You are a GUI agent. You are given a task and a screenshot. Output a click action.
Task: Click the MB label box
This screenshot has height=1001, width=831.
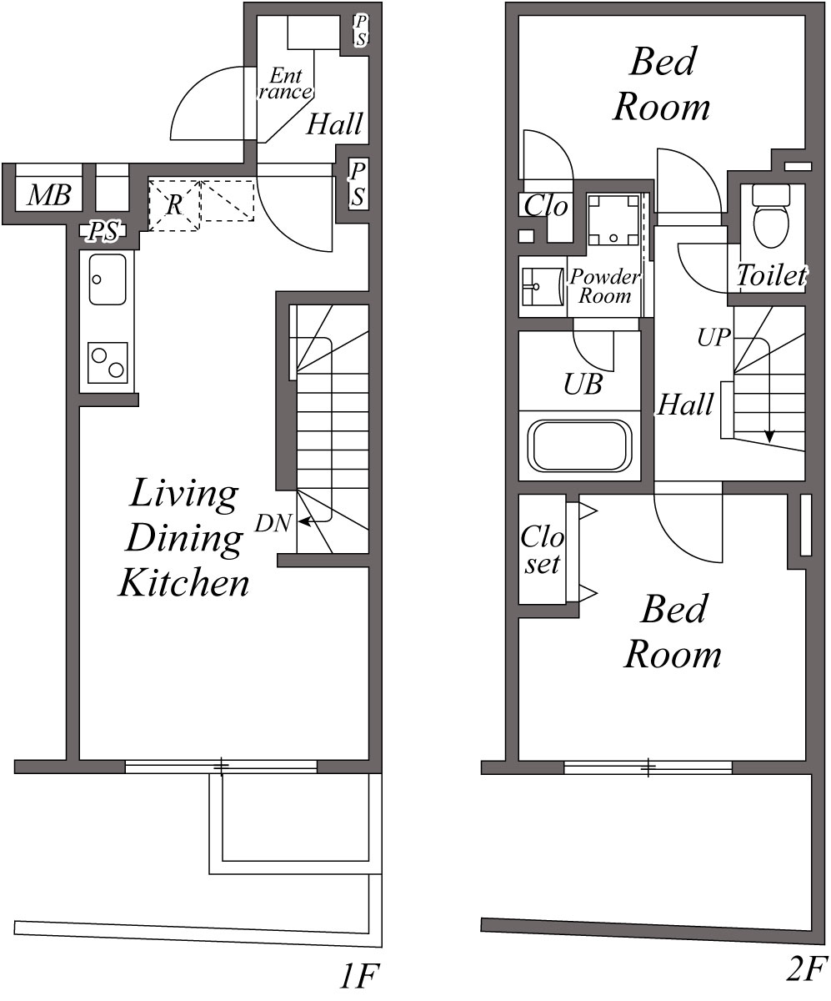pos(49,195)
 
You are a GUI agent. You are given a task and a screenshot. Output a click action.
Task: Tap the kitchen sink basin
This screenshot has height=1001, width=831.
pos(108,279)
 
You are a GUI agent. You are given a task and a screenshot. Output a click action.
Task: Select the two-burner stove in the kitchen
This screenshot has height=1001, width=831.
pos(108,363)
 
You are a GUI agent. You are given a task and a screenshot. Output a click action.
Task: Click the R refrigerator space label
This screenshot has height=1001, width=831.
pos(174,205)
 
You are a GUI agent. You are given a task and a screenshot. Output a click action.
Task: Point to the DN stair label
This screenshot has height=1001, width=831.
pos(273,523)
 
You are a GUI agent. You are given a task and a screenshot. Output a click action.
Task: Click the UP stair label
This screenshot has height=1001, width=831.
pos(713,338)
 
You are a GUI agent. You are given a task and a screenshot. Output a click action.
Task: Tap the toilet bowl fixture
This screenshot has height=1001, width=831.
pos(771,216)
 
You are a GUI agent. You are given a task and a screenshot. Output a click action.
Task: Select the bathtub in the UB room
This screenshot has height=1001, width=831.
pos(579,445)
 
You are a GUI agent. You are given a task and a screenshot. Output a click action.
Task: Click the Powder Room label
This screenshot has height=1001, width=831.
pos(605,286)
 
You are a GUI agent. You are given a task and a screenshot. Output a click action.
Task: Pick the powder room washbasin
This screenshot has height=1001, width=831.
pos(542,287)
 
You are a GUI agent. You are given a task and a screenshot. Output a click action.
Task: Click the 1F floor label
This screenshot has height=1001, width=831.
pos(360,976)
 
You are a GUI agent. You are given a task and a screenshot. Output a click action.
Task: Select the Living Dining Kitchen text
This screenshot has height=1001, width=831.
pos(184,538)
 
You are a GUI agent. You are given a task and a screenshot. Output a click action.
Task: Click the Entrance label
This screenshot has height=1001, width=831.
pos(285,83)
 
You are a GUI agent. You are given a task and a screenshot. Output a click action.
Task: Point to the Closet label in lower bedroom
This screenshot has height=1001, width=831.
pos(542,550)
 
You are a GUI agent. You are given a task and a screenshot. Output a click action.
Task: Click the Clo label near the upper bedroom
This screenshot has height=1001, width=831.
pos(546,206)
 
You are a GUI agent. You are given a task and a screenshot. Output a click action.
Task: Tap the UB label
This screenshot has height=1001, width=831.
pos(583,384)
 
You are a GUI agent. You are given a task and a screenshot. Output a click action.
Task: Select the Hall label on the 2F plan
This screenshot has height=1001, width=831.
pos(685,404)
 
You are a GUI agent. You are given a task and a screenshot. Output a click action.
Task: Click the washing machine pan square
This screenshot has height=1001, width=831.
pos(613,220)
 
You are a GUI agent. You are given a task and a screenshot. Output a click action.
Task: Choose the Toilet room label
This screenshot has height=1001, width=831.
pos(772,275)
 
